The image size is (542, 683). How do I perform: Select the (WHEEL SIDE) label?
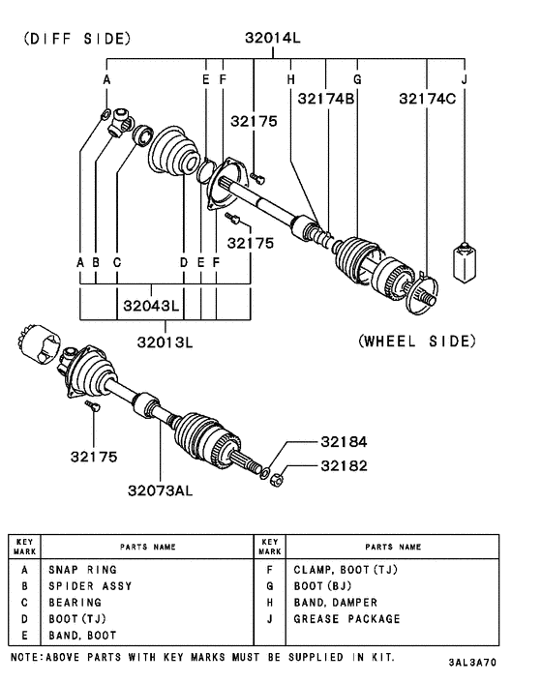pos(416,341)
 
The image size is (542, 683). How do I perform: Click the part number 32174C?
pos(433,98)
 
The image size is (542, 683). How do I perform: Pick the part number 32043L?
pos(151,307)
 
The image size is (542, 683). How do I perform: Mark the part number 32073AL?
pos(161,490)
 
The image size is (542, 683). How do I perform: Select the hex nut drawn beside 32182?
pos(275,477)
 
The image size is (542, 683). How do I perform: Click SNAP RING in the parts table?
pos(82,570)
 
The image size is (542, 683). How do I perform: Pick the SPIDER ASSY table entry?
pos(90,586)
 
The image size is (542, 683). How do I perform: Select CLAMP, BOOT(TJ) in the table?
pos(345,570)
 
